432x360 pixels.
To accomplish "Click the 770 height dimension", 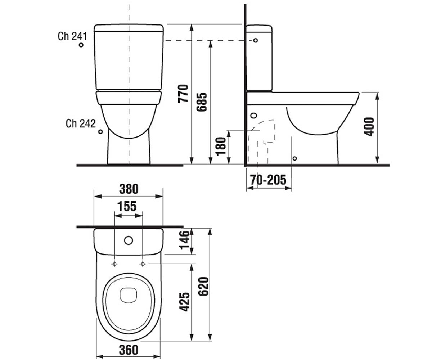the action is tap(183, 94).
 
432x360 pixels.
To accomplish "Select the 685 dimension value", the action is tap(202, 102).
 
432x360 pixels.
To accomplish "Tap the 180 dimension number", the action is tap(221, 147).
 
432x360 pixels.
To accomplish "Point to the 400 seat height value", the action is tap(369, 127).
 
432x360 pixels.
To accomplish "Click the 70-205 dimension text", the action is tap(268, 180).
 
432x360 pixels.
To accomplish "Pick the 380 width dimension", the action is tap(129, 189).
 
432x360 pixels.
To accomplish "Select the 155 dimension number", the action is tap(127, 206).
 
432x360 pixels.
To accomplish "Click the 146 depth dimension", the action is tap(185, 240).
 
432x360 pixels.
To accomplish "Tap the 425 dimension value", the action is tap(185, 302).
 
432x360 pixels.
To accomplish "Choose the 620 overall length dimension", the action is tap(203, 287).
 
